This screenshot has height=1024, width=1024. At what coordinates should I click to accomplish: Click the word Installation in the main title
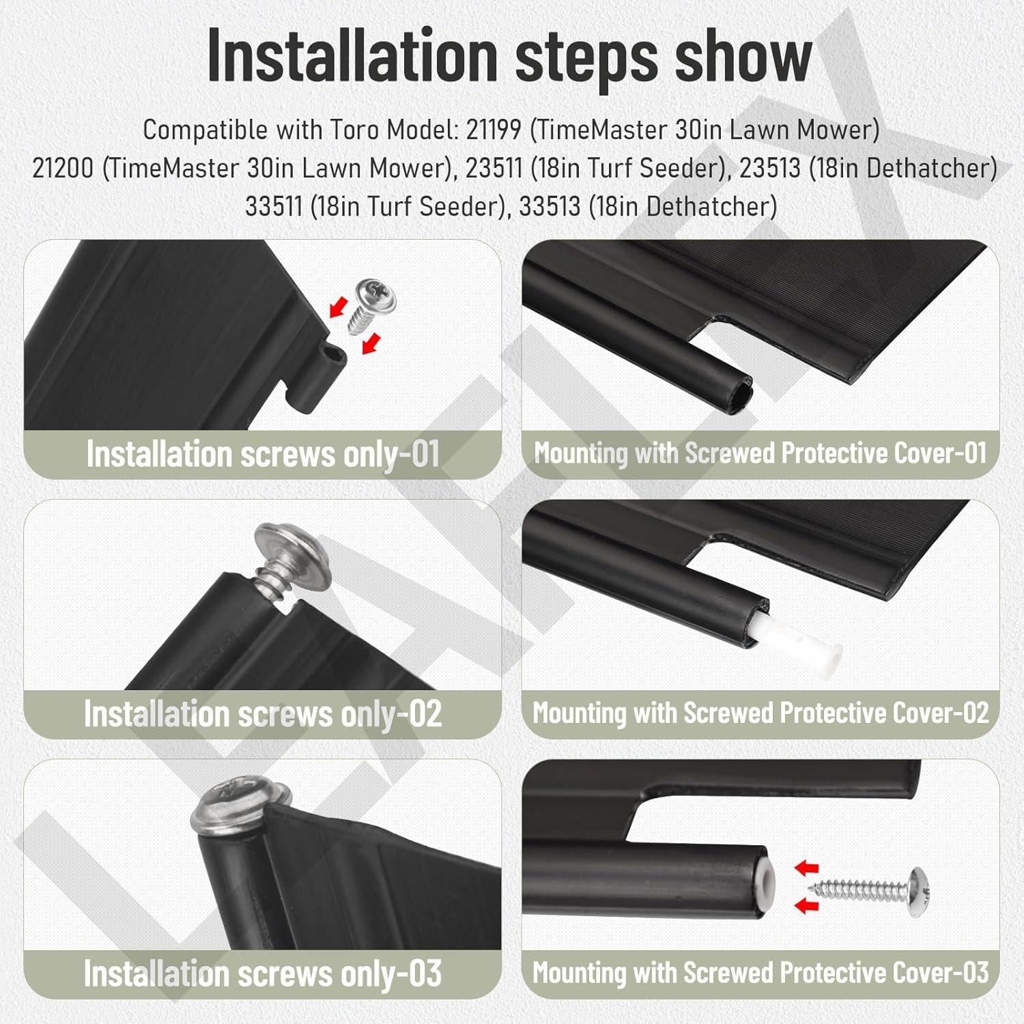coord(352,56)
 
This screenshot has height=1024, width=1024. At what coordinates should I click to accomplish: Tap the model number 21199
coord(494,130)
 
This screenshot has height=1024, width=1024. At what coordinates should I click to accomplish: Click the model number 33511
coord(273,206)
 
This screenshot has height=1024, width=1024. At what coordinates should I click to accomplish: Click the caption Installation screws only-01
coord(263,454)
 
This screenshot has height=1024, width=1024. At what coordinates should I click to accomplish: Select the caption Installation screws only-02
coord(263,714)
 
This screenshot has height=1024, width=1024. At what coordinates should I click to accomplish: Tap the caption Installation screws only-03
coord(263,973)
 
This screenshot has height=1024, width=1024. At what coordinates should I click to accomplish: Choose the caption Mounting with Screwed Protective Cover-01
coord(760,453)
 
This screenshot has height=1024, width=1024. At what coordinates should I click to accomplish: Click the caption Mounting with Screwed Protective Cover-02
coord(760,713)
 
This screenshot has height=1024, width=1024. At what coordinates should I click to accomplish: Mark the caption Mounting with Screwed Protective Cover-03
coord(760,972)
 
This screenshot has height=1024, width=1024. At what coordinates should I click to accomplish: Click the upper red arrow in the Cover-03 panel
coord(807,868)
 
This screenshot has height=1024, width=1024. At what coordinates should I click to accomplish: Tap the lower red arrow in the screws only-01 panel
coord(369,343)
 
